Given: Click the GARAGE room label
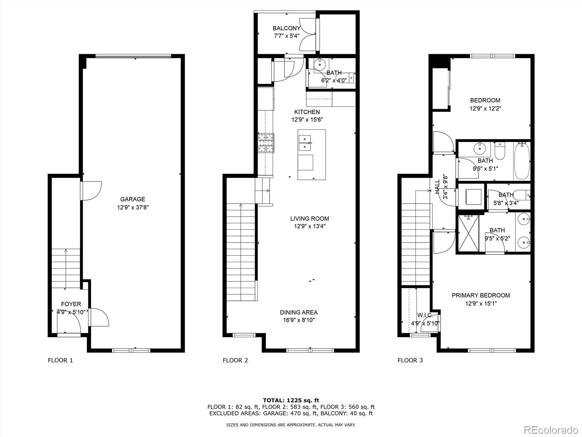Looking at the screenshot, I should [133, 199].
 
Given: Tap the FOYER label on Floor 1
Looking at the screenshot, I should [71, 304].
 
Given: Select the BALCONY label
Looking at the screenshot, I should [287, 28].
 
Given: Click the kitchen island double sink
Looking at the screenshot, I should [304, 143].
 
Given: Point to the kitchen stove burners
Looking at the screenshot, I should [266, 143].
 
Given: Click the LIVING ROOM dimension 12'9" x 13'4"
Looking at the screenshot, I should [310, 226].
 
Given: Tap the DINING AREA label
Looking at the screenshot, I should [299, 312].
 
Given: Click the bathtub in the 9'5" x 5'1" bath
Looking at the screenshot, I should [522, 161].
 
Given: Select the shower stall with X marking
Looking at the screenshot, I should [468, 233].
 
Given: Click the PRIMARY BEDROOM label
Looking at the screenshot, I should [481, 295].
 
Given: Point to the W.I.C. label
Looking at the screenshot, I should [425, 315].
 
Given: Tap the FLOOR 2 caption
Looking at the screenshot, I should [235, 361].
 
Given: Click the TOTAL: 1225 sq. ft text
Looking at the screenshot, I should [291, 400].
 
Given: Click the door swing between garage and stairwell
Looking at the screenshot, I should [91, 190].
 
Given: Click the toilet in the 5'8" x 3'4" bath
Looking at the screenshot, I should [525, 195].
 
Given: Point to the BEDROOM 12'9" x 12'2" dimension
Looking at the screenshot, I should [485, 108].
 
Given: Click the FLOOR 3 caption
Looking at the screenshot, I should [410, 361].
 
